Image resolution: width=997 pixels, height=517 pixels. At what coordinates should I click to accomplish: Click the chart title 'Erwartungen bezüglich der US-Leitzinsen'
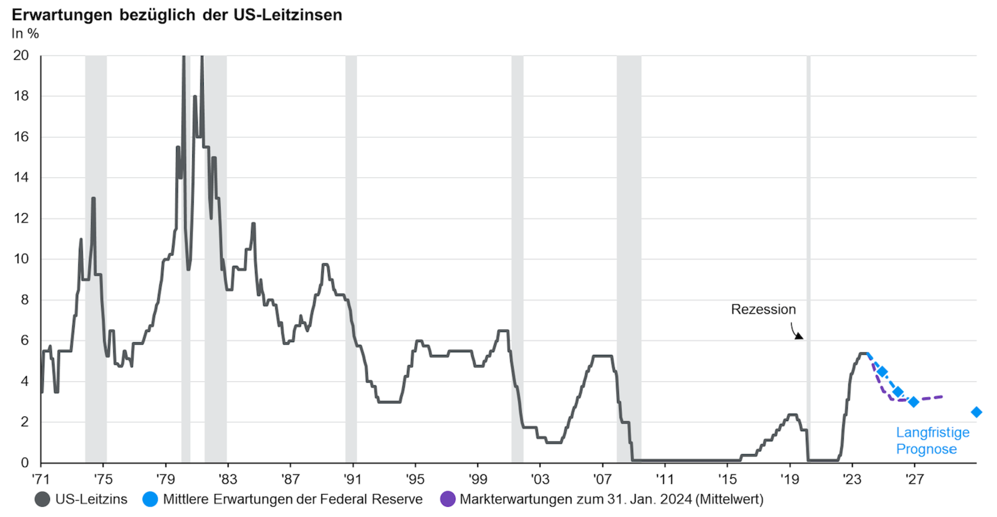pos(177,15)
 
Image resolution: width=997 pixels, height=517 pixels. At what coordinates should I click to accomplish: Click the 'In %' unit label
pos(25,34)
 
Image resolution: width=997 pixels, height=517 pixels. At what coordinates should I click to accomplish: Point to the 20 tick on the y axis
pos(21,55)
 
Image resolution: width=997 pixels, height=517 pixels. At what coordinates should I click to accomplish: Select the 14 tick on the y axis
pos(21,178)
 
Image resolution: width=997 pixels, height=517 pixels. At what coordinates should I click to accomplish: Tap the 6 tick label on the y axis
pos(24,341)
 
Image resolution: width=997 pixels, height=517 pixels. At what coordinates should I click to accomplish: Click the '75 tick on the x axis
pos(103,480)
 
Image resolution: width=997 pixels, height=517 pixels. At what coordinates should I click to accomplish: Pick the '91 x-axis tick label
pos(352,480)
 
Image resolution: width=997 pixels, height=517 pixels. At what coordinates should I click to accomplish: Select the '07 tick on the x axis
pos(602,480)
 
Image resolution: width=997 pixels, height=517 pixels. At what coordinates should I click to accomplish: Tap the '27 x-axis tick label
pos(914,480)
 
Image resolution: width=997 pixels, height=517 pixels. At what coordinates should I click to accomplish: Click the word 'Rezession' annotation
pos(763,310)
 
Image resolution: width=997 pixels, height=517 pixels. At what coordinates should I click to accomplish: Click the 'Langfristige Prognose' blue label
pos(932,441)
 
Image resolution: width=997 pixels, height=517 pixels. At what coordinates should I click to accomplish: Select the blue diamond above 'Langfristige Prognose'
pos(976,412)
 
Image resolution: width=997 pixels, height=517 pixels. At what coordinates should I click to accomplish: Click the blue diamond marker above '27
pos(914,402)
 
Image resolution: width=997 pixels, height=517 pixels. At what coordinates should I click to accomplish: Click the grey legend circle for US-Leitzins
pos(42,499)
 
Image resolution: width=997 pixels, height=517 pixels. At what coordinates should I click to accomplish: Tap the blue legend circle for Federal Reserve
pos(150,499)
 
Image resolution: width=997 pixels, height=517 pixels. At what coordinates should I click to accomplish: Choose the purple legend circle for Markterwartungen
pos(447,499)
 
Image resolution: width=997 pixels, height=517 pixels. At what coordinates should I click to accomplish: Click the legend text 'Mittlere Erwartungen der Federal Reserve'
pos(293,499)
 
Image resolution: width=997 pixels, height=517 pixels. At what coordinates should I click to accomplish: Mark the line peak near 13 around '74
pos(93,199)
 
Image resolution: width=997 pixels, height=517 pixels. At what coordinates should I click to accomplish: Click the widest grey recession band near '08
pos(628,258)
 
